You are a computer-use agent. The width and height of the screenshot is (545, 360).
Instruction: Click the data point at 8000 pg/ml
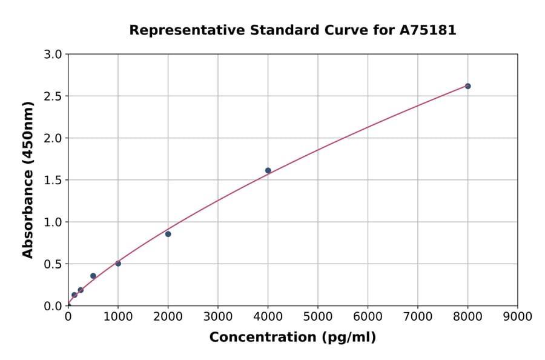point(467,86)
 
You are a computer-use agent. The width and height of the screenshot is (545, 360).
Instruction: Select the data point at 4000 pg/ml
point(268,170)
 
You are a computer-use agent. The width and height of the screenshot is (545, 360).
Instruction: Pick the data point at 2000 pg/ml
point(168,234)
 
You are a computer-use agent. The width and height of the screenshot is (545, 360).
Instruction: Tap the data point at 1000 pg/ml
point(118,263)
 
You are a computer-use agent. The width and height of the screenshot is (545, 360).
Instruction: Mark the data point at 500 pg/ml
point(93,276)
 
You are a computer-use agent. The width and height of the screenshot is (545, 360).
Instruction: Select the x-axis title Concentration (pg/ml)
point(292,338)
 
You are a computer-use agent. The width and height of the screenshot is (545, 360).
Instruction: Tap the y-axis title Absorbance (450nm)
point(28,180)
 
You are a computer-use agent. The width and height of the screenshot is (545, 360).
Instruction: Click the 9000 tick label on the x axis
point(517,316)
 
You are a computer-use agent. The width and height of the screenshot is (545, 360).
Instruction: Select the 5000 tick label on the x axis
point(317,316)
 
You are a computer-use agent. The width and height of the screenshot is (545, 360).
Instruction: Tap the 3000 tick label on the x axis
point(218,316)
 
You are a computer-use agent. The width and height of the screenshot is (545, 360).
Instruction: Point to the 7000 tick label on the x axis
point(417,316)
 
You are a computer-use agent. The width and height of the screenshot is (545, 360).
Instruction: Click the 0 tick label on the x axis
point(68,316)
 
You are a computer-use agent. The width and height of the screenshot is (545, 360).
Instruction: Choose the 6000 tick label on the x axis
point(368,316)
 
